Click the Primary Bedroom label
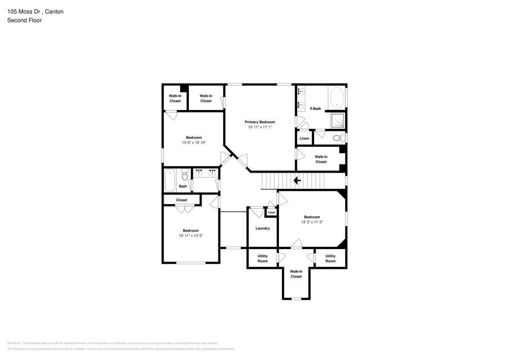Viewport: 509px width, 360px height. pyautogui.click(x=260, y=122)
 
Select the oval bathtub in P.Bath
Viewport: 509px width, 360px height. pyautogui.click(x=337, y=97)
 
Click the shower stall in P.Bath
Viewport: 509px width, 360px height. pyautogui.click(x=337, y=120)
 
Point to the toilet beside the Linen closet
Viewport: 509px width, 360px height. pyautogui.click(x=337, y=138)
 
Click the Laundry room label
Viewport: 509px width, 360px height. pyautogui.click(x=263, y=228)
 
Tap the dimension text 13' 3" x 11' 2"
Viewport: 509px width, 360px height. pyautogui.click(x=312, y=222)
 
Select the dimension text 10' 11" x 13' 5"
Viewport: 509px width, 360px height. pyautogui.click(x=191, y=236)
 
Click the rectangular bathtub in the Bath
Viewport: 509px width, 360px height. pyautogui.click(x=170, y=180)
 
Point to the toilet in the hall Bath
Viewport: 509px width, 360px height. pyautogui.click(x=184, y=175)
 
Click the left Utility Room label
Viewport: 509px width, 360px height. pyautogui.click(x=263, y=258)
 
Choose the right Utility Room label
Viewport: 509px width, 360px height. pyautogui.click(x=330, y=258)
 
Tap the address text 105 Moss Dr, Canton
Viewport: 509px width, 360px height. pyautogui.click(x=35, y=11)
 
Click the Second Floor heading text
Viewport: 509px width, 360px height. pyautogui.click(x=24, y=20)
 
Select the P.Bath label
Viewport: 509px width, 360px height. pyautogui.click(x=316, y=108)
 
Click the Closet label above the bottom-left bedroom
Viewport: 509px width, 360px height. pyautogui.click(x=182, y=200)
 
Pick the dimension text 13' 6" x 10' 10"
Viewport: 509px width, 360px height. pyautogui.click(x=194, y=143)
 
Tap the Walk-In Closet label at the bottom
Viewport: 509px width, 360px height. pyautogui.click(x=296, y=274)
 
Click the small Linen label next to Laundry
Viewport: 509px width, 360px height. pyautogui.click(x=272, y=212)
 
